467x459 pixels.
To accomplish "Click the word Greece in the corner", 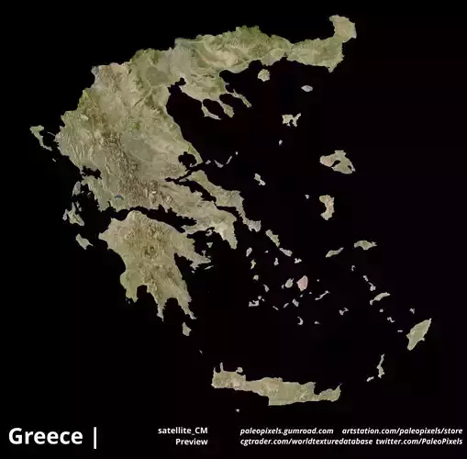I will (46, 436).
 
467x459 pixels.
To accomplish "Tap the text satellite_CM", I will (183, 430).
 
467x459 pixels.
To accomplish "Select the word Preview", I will (192, 442).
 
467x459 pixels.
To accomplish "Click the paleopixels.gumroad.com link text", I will (286, 430).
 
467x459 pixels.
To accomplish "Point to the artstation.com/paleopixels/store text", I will (402, 430).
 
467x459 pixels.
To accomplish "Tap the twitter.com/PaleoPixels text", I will (419, 442).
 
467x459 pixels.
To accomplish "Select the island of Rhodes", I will (418, 333).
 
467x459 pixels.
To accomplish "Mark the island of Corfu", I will (40, 137).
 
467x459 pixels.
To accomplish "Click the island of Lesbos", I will (338, 162).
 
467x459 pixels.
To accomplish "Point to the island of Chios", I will (327, 206).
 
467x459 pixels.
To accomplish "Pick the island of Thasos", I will (264, 74).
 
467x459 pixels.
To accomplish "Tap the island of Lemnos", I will (291, 119).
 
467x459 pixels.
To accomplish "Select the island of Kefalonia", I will (72, 215).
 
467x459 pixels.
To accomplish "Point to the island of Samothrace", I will (306, 89).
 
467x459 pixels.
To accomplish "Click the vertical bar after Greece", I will (95, 436).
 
